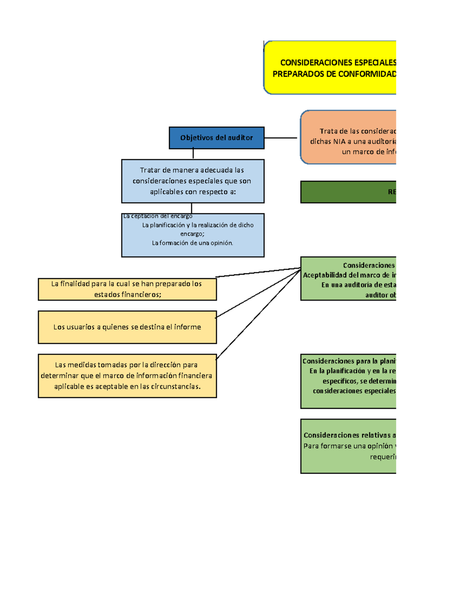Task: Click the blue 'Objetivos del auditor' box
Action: [217, 138]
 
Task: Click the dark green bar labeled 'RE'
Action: [348, 192]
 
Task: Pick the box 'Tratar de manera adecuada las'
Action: [192, 181]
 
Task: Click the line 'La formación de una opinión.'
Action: [192, 243]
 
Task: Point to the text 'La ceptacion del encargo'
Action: [158, 216]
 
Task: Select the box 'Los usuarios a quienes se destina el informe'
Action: [127, 327]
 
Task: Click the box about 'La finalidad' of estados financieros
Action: [127, 289]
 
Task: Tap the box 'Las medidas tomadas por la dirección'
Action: [127, 376]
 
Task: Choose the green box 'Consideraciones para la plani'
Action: [348, 381]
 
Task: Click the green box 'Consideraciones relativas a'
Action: [348, 446]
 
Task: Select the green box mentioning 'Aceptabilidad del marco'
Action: [348, 279]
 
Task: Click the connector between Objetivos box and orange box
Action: [281, 138]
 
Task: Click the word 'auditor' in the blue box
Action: [240, 138]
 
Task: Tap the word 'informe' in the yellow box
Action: [187, 327]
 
